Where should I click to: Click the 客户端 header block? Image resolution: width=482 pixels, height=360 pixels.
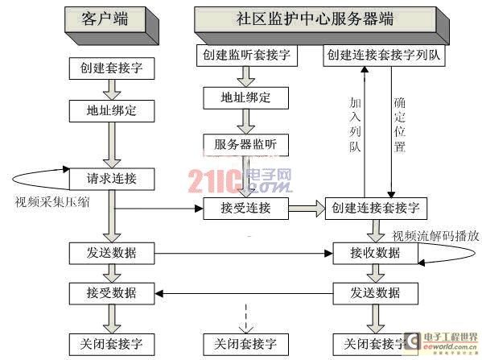pyautogui.click(x=112, y=25)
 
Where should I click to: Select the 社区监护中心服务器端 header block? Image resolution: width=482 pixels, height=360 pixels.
pyautogui.click(x=322, y=25)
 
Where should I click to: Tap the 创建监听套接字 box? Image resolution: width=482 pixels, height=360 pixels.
pyautogui.click(x=247, y=56)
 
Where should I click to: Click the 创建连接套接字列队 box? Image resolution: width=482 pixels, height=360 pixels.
pyautogui.click(x=385, y=56)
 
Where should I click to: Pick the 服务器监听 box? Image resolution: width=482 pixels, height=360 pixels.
pyautogui.click(x=245, y=145)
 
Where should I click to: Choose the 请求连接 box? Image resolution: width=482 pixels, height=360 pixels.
pyautogui.click(x=112, y=179)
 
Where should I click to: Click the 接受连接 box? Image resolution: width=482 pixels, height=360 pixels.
pyautogui.click(x=245, y=209)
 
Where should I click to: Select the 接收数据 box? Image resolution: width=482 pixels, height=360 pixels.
pyautogui.click(x=375, y=253)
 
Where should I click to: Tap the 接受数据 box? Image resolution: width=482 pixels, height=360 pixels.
pyautogui.click(x=112, y=293)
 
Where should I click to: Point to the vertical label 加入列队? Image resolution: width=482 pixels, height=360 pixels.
pyautogui.click(x=355, y=124)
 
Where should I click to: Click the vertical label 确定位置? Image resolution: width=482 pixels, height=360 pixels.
pyautogui.click(x=400, y=124)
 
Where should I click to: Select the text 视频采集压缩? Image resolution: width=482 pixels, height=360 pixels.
pyautogui.click(x=52, y=202)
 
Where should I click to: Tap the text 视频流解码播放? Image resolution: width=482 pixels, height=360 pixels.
pyautogui.click(x=435, y=236)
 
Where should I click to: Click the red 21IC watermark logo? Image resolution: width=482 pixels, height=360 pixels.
pyautogui.click(x=215, y=181)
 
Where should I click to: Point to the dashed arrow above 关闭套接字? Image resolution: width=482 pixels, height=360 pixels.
pyautogui.click(x=246, y=319)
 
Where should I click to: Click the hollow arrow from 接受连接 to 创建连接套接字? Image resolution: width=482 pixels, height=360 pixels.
pyautogui.click(x=307, y=209)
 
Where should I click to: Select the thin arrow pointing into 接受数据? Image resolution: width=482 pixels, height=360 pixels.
pyautogui.click(x=244, y=293)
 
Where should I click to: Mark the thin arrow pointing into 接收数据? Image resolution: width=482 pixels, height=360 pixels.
pyautogui.click(x=244, y=254)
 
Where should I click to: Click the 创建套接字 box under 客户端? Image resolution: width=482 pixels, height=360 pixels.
pyautogui.click(x=112, y=68)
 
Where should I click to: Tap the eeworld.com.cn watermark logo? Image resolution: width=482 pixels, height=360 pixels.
pyautogui.click(x=442, y=342)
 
